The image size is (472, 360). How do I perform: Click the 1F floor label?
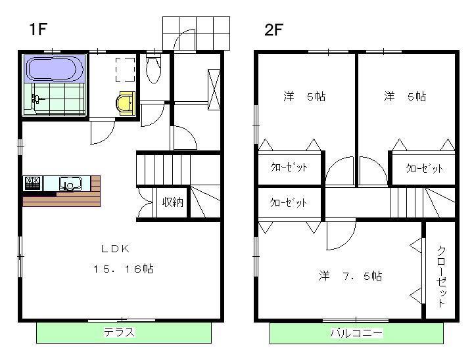(x=38, y=29)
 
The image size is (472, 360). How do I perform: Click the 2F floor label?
(x=274, y=30)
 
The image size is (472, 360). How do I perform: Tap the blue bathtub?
(x=55, y=68)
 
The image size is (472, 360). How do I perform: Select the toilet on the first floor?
(x=154, y=69)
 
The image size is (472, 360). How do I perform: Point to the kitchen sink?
(x=70, y=184)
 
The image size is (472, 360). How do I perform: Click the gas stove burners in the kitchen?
(x=32, y=183)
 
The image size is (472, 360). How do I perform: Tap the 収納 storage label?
(x=172, y=202)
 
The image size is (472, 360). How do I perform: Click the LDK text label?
(x=115, y=249)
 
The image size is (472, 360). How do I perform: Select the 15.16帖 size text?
(x=123, y=269)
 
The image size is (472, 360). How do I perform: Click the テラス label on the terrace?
(x=119, y=332)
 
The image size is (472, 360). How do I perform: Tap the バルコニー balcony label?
(x=356, y=333)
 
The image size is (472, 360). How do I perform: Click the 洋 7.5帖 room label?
(x=350, y=276)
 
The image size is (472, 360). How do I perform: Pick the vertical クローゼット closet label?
(x=441, y=277)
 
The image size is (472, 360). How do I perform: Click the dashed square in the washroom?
(x=125, y=70)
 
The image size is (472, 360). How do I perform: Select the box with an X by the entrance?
(x=214, y=89)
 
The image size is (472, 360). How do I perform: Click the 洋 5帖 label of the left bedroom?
(x=304, y=97)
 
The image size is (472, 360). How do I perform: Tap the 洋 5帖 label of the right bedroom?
(x=405, y=97)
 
